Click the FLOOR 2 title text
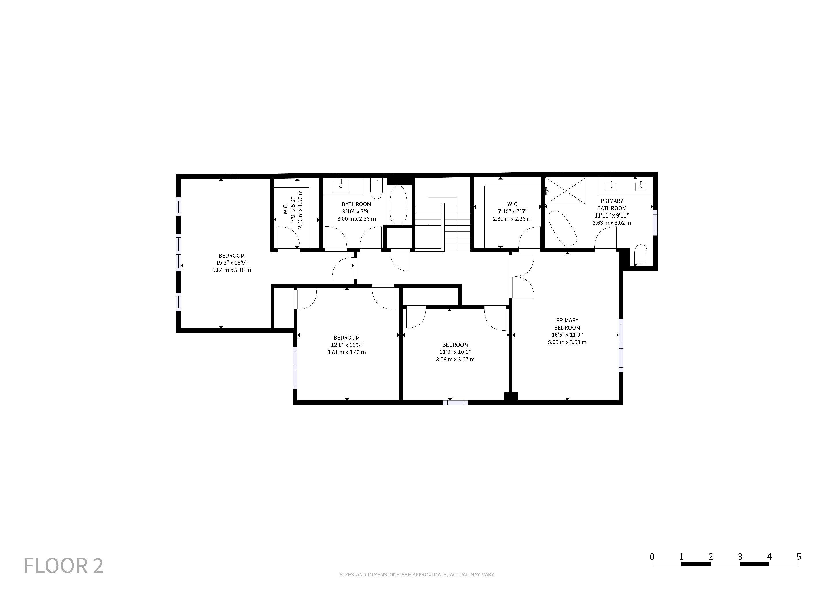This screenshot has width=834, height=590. [x=64, y=566]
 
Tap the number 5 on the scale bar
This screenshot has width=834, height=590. [x=798, y=556]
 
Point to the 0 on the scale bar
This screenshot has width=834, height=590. [x=652, y=556]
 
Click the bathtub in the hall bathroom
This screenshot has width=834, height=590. [x=399, y=205]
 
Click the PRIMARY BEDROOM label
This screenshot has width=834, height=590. [x=567, y=324]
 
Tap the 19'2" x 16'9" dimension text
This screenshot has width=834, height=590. [x=232, y=263]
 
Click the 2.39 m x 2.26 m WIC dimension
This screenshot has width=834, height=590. [x=512, y=219]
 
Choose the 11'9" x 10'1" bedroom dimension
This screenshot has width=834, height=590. [x=455, y=352]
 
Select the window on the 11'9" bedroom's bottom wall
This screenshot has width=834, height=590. [x=456, y=402]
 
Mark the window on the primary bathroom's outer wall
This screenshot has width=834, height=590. [x=655, y=222]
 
